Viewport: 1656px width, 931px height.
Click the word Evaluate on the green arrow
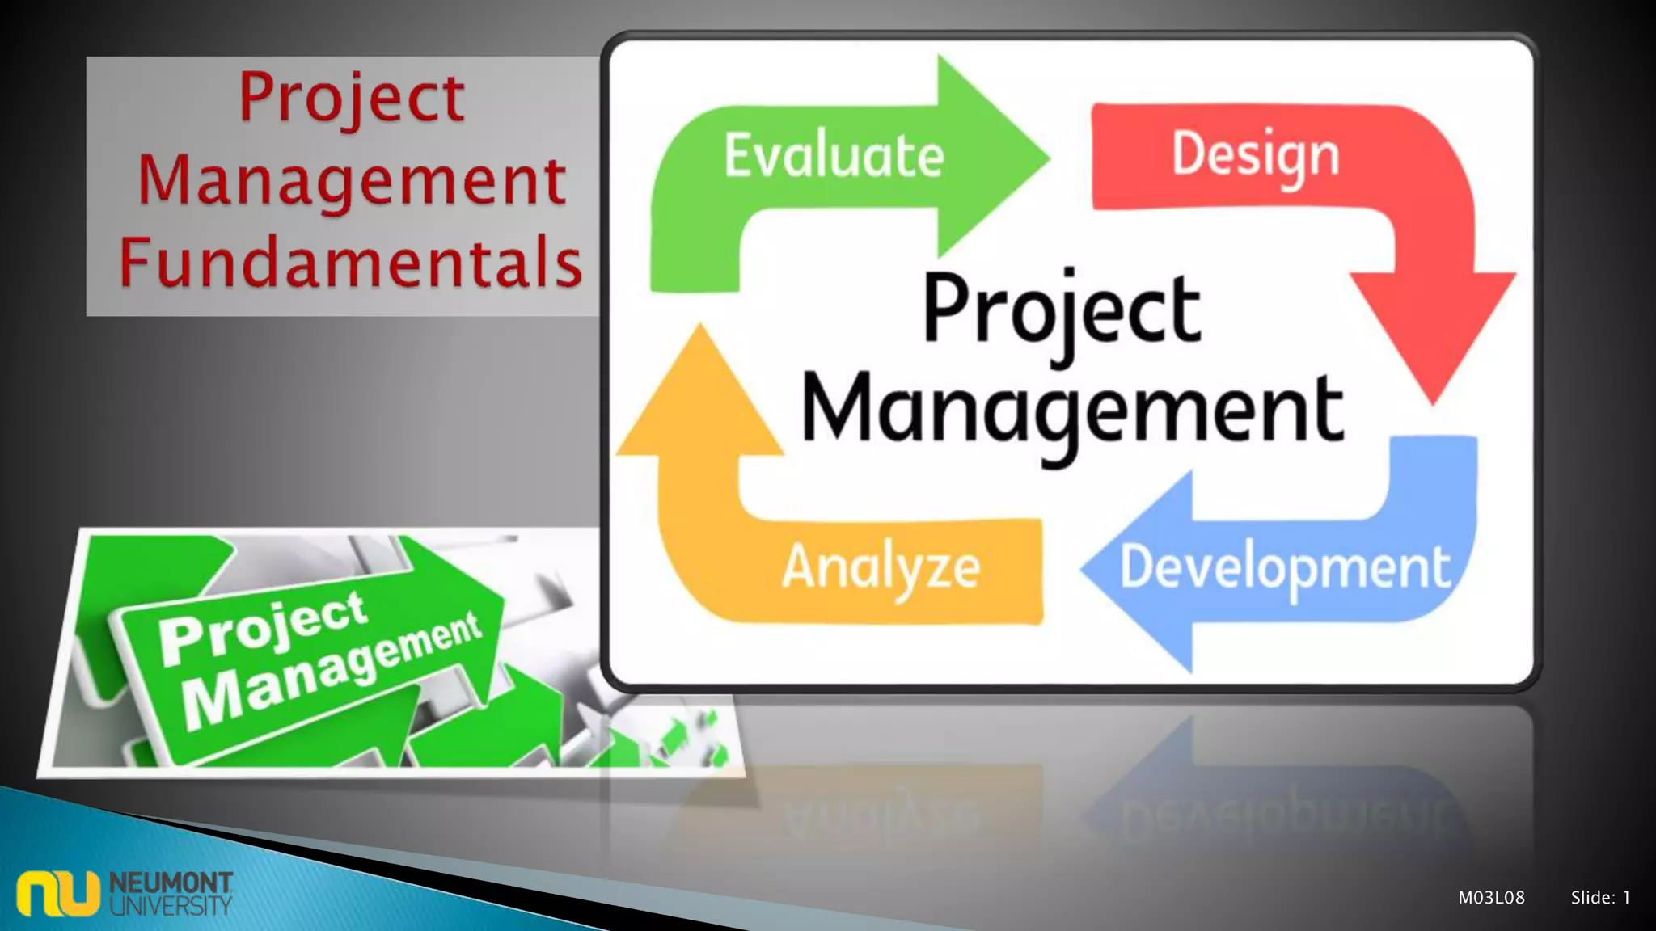click(834, 155)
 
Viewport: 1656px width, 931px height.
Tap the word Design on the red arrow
click(1255, 155)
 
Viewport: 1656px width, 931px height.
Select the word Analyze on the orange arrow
click(881, 567)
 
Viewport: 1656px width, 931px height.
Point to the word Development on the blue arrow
click(1285, 569)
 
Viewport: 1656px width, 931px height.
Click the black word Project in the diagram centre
click(1061, 311)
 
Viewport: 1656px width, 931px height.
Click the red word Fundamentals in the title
click(350, 262)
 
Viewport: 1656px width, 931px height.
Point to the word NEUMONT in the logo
click(171, 882)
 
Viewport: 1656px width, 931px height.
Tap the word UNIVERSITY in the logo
click(171, 905)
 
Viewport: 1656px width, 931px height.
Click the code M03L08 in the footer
click(1491, 897)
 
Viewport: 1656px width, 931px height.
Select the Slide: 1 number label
click(1600, 897)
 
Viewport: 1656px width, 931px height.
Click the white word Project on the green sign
click(262, 626)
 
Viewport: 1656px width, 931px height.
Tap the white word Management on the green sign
click(332, 671)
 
